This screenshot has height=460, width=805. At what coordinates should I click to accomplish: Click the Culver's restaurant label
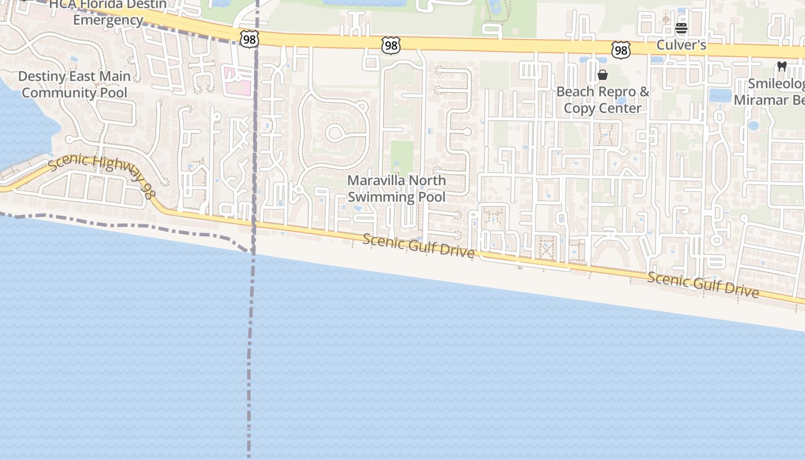(681, 45)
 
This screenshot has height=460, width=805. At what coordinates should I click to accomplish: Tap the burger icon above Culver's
(681, 28)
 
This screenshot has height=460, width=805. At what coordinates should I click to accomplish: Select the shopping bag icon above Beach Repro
(603, 75)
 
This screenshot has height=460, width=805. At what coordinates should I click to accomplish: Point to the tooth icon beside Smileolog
(781, 66)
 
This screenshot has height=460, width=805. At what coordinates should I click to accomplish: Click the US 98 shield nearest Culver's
(621, 50)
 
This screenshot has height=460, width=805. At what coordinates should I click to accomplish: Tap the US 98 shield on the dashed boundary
(250, 39)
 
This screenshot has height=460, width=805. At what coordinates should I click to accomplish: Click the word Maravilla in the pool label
(373, 181)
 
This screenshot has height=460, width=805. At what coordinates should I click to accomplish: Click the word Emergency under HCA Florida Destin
(108, 20)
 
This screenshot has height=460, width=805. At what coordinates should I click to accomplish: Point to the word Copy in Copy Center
(578, 108)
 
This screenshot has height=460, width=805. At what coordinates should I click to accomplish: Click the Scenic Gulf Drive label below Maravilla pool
(419, 246)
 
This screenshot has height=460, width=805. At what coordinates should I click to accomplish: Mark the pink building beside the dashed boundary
(238, 81)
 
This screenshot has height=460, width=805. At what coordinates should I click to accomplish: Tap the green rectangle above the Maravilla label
(402, 156)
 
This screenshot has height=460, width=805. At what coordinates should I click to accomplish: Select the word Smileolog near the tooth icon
(777, 85)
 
